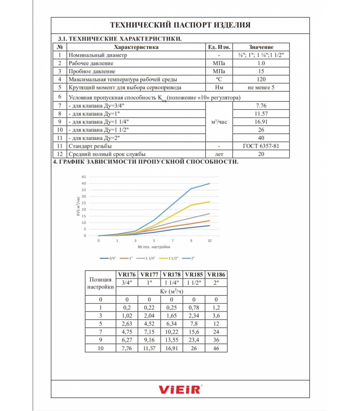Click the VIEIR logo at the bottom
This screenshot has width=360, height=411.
(180, 389)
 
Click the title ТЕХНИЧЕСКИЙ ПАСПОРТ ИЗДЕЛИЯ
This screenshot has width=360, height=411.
(180, 25)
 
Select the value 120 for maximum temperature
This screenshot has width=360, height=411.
(261, 79)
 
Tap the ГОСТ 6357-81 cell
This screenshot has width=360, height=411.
(261, 146)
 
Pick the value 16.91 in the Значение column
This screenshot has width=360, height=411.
(261, 122)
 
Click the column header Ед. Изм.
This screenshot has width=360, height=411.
(219, 47)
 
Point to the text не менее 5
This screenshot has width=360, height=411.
(261, 87)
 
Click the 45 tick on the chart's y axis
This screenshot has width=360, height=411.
(84, 177)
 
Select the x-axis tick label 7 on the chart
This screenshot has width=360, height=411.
(173, 241)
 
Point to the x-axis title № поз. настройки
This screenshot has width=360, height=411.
(154, 247)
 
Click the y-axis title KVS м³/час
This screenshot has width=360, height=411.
(78, 206)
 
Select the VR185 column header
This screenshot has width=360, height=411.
(194, 275)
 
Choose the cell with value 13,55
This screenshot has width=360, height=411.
(172, 340)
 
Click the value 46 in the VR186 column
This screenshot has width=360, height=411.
(216, 348)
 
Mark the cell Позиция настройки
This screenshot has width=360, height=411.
(101, 283)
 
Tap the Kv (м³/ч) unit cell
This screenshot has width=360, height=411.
(172, 291)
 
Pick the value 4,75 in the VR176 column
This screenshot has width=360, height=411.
(127, 332)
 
